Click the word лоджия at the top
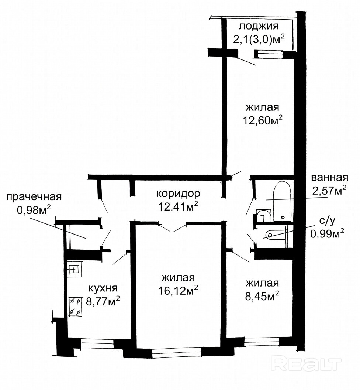click(x=259, y=26)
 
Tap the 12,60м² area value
click(x=263, y=120)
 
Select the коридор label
click(x=178, y=194)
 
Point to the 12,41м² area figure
click(x=178, y=206)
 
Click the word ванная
click(x=329, y=178)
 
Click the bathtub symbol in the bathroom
click(x=282, y=202)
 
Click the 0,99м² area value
click(x=327, y=233)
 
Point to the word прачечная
click(x=34, y=197)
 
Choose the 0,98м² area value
click(x=34, y=210)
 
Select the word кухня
click(x=103, y=288)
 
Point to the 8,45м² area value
click(x=262, y=296)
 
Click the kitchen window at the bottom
click(x=97, y=344)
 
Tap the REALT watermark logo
click(x=306, y=364)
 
